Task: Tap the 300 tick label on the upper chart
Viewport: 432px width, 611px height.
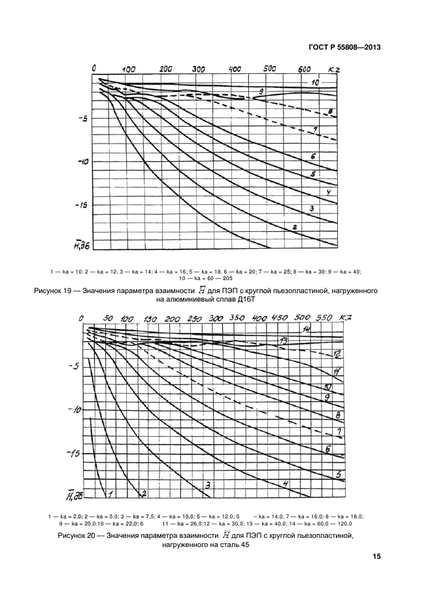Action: pyautogui.click(x=199, y=68)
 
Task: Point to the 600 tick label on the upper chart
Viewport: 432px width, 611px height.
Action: pyautogui.click(x=305, y=69)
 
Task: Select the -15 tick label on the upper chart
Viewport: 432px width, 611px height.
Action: pyautogui.click(x=80, y=206)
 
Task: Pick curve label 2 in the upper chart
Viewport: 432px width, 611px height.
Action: pyautogui.click(x=294, y=227)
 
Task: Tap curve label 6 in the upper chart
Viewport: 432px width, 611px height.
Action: pyautogui.click(x=313, y=157)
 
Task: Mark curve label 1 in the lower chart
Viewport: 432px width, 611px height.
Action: pyautogui.click(x=111, y=493)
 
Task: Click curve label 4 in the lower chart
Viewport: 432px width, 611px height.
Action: pyautogui.click(x=285, y=484)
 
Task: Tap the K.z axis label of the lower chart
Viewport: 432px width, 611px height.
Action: pyautogui.click(x=346, y=317)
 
